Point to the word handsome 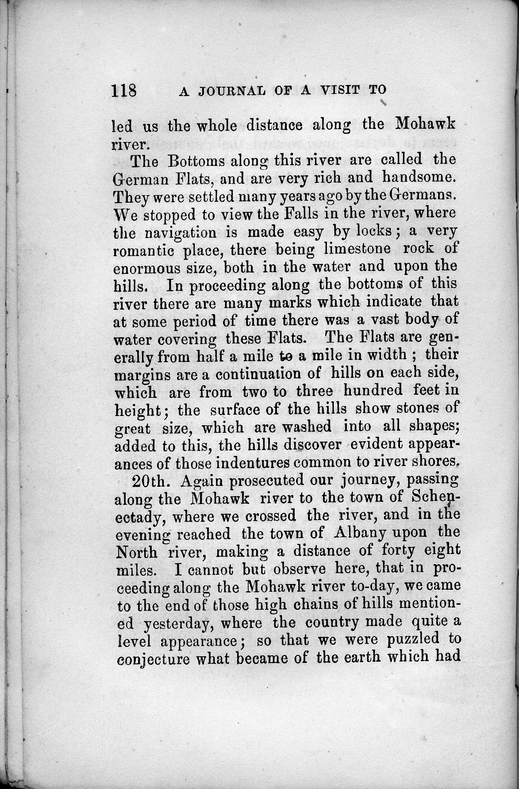click(418, 177)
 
